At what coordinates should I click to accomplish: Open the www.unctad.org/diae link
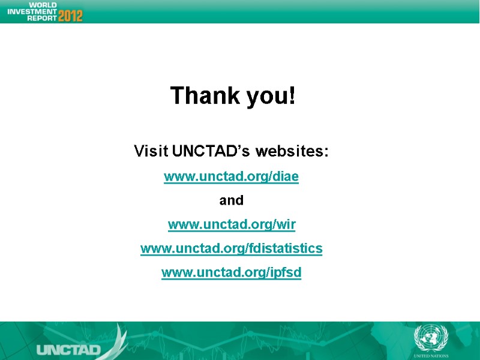pos(232,177)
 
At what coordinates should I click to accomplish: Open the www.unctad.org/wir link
pos(232,225)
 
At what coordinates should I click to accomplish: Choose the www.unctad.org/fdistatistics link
pos(232,248)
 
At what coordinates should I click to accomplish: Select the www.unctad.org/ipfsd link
pos(232,273)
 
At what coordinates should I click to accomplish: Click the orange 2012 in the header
pos(71,16)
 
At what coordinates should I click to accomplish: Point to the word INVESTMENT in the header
pos(31,11)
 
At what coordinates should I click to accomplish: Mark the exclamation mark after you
pos(292,95)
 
